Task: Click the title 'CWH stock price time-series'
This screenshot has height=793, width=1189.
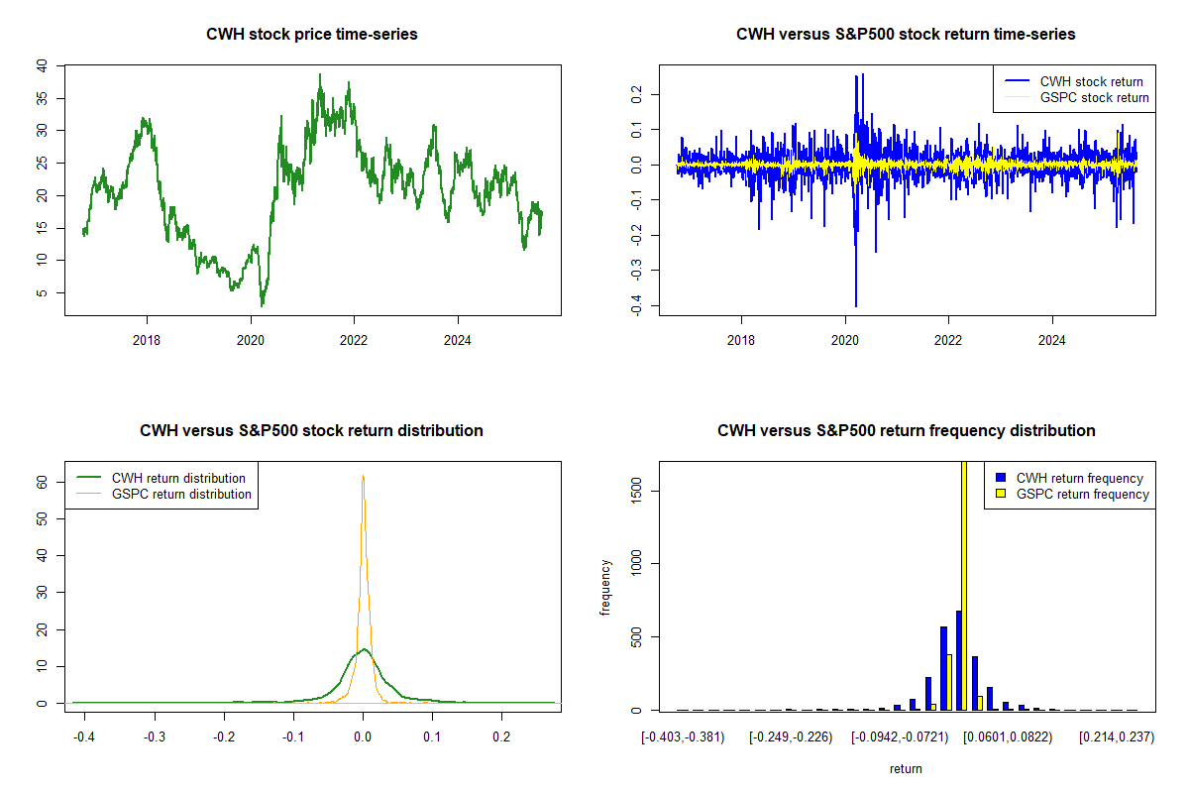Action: point(312,35)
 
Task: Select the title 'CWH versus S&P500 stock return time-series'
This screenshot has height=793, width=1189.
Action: point(906,35)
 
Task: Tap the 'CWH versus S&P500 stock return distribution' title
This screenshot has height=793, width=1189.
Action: point(312,431)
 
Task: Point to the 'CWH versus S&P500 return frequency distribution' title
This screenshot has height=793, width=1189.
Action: point(906,431)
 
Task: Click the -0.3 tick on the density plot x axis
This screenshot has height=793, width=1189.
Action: point(155,738)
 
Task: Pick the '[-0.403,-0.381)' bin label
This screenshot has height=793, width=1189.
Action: point(683,738)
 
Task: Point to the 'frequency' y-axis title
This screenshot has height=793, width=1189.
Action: point(605,588)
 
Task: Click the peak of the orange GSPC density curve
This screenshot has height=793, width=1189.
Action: point(363,476)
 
